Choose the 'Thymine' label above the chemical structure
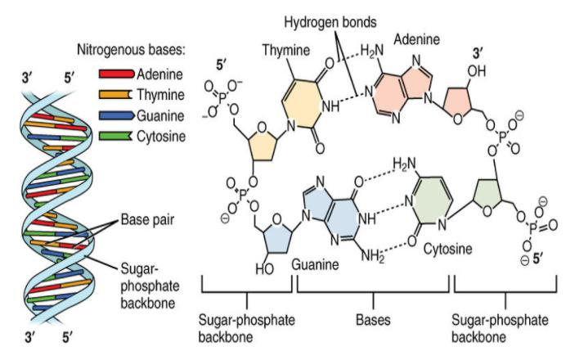point(285,50)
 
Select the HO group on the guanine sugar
point(264,264)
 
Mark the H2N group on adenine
point(371,54)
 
